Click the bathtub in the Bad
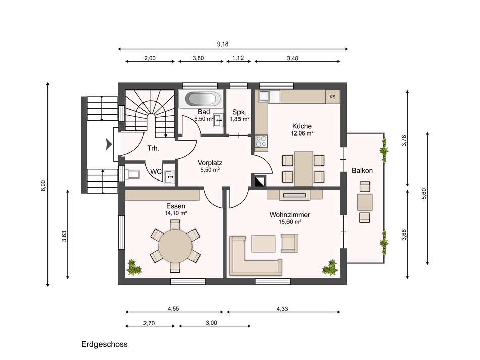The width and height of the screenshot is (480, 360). tap(202, 99)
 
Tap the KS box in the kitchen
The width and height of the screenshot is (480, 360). tap(332, 97)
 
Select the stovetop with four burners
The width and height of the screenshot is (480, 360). tap(261, 141)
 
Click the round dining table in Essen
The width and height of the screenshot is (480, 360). tap(175, 246)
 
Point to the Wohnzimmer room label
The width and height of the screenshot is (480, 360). tap(290, 215)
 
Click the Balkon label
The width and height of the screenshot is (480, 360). tap(362, 171)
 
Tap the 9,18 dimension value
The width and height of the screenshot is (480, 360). tap(223, 44)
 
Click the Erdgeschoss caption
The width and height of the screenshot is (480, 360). tap(105, 344)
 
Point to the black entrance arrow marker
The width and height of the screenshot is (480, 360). tap(109, 144)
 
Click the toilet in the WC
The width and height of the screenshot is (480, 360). tap(132, 174)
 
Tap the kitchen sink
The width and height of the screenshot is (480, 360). tap(264, 96)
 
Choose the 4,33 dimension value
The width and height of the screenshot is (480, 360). tap(282, 309)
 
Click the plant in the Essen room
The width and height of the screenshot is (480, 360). tap(134, 267)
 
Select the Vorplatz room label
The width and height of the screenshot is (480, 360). tap(210, 163)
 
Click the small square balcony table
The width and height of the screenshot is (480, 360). tap(365, 202)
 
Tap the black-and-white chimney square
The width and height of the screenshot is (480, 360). tap(259, 181)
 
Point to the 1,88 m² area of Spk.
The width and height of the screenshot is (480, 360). tap(239, 119)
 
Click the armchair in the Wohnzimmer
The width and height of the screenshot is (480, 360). tap(290, 243)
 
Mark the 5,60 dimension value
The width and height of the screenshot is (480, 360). tap(424, 194)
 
